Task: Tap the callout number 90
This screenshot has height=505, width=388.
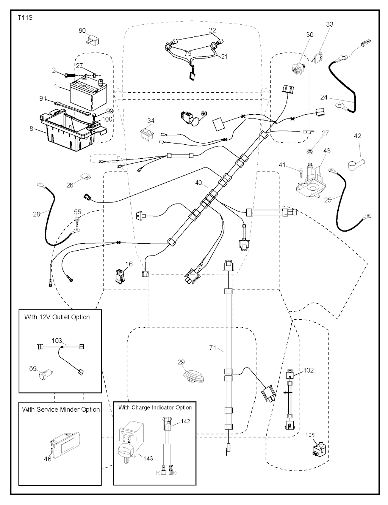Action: (x=82, y=31)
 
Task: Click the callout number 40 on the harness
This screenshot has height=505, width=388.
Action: (x=199, y=183)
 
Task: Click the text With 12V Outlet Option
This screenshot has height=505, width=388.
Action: (x=57, y=317)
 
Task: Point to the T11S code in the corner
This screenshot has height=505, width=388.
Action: (x=25, y=17)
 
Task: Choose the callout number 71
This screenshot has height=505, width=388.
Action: (x=213, y=347)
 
